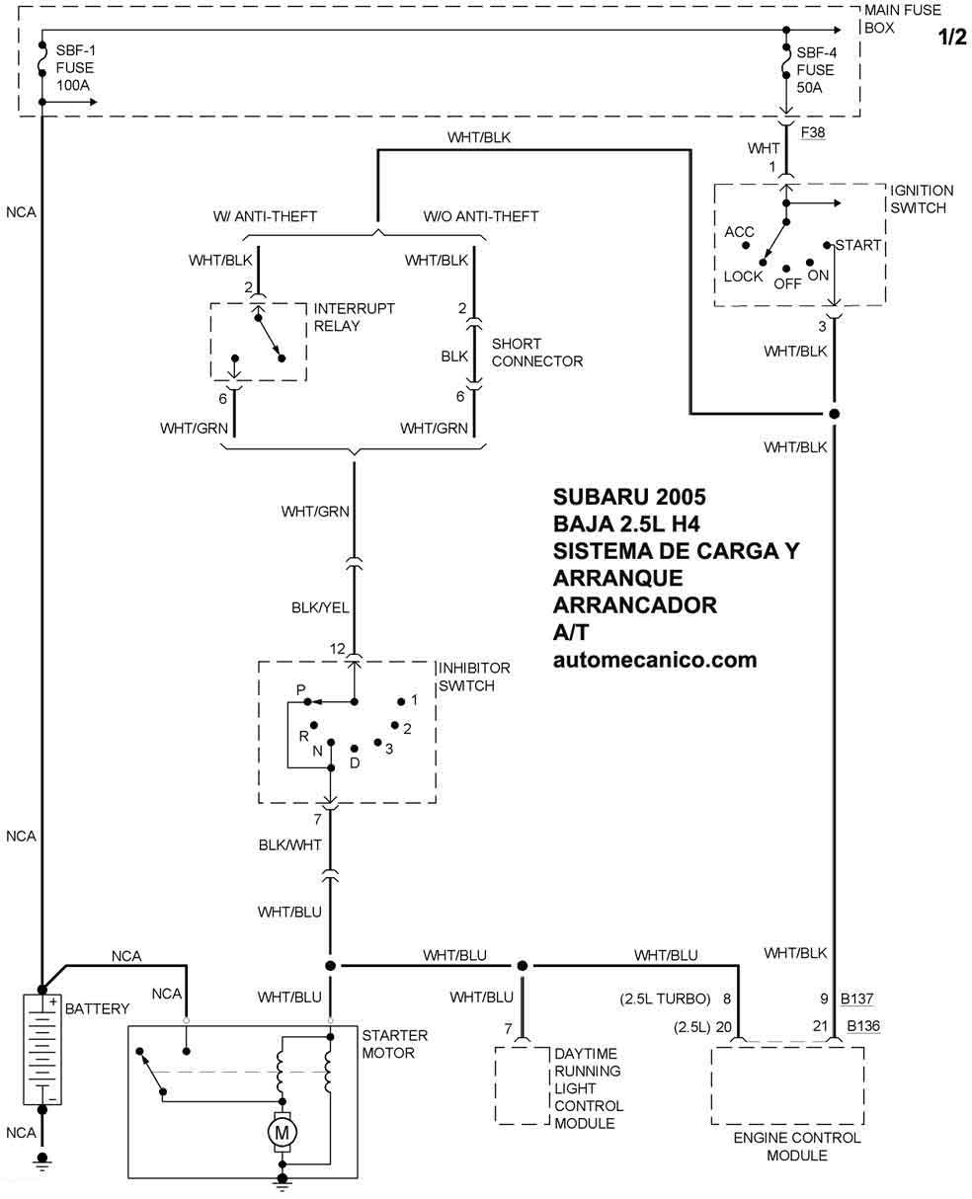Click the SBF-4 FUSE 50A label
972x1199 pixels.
pyautogui.click(x=815, y=70)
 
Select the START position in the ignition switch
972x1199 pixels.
pyautogui.click(x=857, y=245)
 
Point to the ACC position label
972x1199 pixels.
pyautogui.click(x=739, y=232)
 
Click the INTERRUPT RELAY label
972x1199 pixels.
pyautogui.click(x=354, y=317)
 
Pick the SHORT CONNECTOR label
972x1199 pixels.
pyautogui.click(x=536, y=353)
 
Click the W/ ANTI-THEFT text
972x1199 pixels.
pyautogui.click(x=265, y=216)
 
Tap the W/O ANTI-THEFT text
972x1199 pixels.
pyautogui.click(x=481, y=216)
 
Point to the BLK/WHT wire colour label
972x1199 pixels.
pyautogui.click(x=289, y=844)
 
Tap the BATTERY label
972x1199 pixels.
pyautogui.click(x=97, y=1008)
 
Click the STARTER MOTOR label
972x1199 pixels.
pyautogui.click(x=394, y=1044)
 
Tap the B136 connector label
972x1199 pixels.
pyautogui.click(x=861, y=1026)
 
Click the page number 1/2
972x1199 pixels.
pyautogui.click(x=950, y=38)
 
